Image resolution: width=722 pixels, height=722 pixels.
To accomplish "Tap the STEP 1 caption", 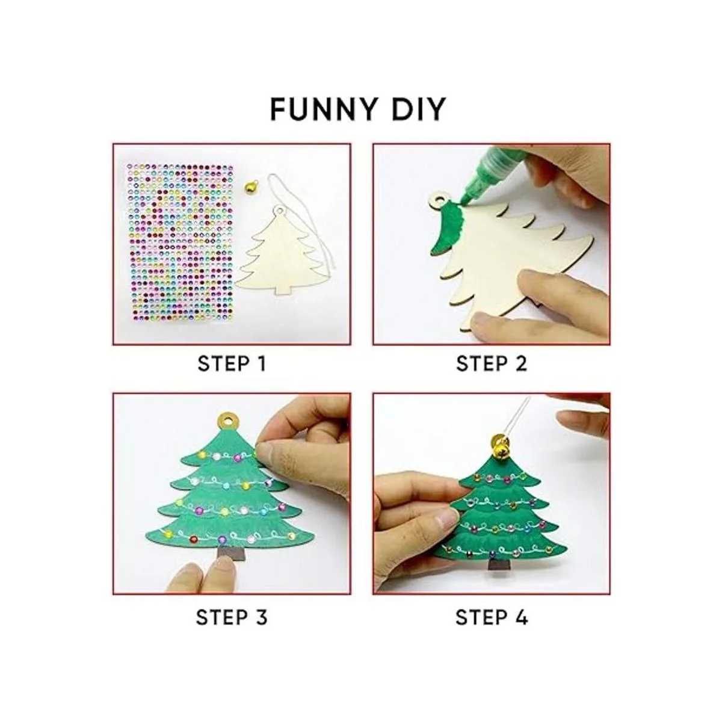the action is click(x=232, y=363).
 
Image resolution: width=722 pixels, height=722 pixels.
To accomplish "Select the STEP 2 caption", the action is click(x=491, y=363).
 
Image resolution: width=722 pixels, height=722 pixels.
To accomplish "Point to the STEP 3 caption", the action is click(x=232, y=617).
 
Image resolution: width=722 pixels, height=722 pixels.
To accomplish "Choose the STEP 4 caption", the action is click(x=492, y=617).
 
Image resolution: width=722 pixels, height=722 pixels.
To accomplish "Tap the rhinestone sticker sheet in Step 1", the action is click(x=179, y=243).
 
